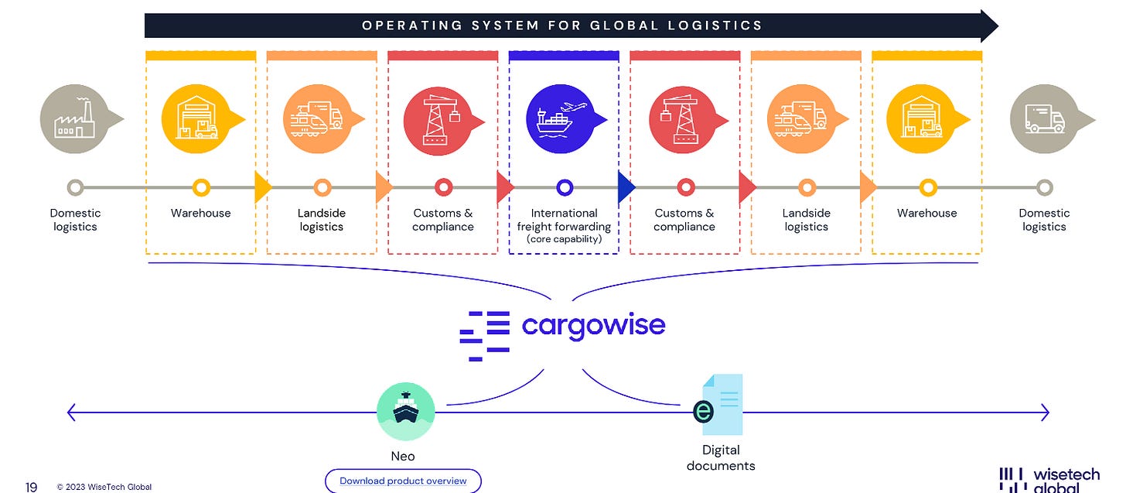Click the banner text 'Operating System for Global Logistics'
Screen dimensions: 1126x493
[x=562, y=25]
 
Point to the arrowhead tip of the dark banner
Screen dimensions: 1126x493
[x=998, y=26]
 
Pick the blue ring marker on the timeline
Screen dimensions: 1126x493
[x=565, y=187]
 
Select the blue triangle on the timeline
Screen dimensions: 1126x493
[x=626, y=187]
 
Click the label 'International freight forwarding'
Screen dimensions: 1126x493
[x=564, y=220]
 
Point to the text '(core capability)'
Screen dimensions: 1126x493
[x=564, y=239]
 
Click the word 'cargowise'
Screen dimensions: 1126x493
[x=594, y=326]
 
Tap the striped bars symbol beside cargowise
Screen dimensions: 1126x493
[x=485, y=336]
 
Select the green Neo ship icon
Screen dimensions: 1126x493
[x=406, y=412]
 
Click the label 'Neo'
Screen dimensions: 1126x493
[x=403, y=457]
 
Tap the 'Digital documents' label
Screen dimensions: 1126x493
[x=721, y=458]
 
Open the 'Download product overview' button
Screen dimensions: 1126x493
[x=403, y=481]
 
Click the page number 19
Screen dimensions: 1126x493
[x=31, y=487]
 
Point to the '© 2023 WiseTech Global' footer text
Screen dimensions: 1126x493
[x=104, y=487]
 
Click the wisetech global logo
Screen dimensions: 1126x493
[x=1049, y=480]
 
